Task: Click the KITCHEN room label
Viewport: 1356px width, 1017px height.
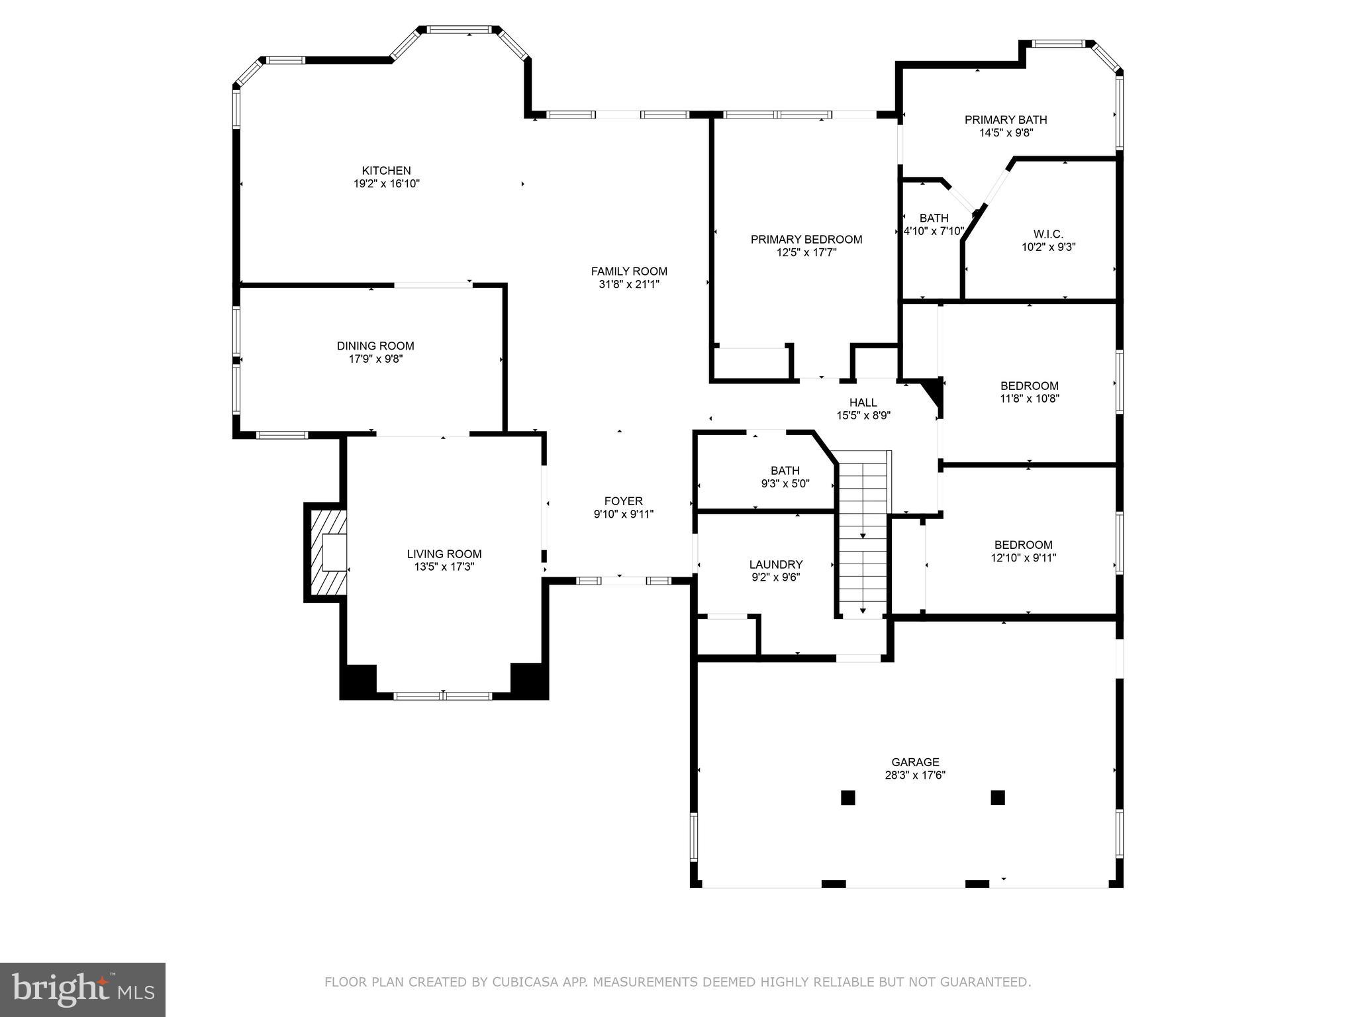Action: coord(386,171)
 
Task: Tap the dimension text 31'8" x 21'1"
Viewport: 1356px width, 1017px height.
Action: coord(628,285)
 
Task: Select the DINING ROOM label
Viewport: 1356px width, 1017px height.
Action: coord(375,346)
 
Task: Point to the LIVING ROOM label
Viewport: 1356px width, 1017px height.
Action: coord(444,554)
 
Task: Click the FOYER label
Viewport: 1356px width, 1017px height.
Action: coord(623,501)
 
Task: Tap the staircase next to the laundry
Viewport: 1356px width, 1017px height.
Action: coord(863,533)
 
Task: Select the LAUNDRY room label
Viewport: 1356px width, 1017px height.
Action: coord(776,564)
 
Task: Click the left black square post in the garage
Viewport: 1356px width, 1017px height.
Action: coord(847,797)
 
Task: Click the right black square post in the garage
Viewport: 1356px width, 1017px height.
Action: coord(998,797)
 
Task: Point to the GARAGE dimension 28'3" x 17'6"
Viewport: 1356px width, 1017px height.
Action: coord(915,775)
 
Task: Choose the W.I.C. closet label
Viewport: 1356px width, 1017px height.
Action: coord(1048,234)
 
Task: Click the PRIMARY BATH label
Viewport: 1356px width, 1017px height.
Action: coord(1006,120)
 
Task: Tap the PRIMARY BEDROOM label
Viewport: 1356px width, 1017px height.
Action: coord(806,239)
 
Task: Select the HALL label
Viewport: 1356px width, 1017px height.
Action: coord(863,403)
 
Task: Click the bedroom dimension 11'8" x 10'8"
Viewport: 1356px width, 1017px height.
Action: coord(1029,399)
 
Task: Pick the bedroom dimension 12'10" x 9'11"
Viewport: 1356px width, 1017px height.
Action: coord(1023,558)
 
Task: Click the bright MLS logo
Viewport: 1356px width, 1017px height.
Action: coord(83,989)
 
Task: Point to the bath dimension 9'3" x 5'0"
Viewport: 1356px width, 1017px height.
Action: coord(785,484)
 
